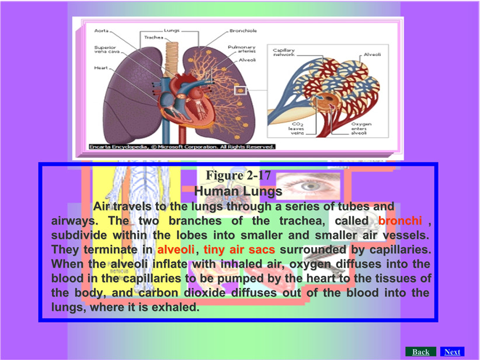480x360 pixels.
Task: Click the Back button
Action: point(420,352)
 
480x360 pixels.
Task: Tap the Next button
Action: point(452,352)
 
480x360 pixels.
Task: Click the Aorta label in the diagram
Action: point(102,30)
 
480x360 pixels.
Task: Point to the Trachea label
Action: point(154,37)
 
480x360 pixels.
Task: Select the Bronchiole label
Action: point(243,30)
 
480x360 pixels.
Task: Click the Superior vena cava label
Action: point(105,49)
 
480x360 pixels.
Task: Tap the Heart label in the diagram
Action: point(101,68)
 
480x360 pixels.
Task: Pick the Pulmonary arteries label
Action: point(242,49)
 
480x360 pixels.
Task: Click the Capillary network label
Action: point(284,53)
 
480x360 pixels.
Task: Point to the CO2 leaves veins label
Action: point(296,129)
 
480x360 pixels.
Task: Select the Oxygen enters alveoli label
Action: point(361,129)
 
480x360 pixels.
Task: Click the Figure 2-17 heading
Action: point(238,175)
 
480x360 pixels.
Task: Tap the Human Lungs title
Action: point(238,191)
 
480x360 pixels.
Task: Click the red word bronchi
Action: point(400,220)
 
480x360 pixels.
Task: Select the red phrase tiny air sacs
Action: point(239,250)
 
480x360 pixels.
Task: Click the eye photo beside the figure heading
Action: point(308,186)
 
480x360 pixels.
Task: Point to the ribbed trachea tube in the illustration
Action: point(172,59)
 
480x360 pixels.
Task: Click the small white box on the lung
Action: point(241,91)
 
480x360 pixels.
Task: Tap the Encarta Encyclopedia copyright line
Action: point(182,147)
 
